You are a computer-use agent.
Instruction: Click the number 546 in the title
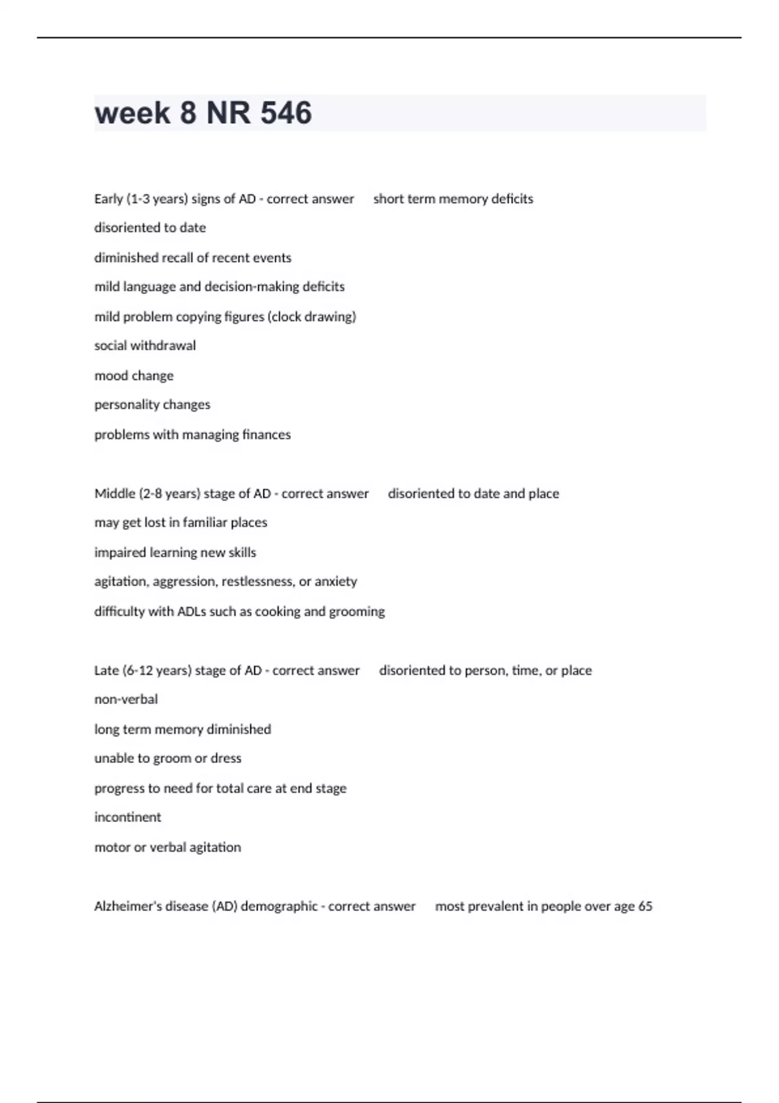(x=286, y=113)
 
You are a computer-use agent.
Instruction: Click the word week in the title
(x=132, y=113)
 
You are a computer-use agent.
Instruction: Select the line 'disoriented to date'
(x=150, y=228)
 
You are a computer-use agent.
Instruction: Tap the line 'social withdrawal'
(x=145, y=346)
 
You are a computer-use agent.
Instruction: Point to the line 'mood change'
(x=134, y=376)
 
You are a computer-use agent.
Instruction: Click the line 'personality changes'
(x=152, y=405)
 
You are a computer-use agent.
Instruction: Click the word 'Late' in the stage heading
(x=106, y=670)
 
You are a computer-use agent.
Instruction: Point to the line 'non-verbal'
(x=126, y=699)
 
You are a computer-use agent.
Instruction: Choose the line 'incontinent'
(x=127, y=818)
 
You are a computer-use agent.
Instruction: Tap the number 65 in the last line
(x=645, y=906)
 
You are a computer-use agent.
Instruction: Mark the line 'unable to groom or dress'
(x=167, y=758)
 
